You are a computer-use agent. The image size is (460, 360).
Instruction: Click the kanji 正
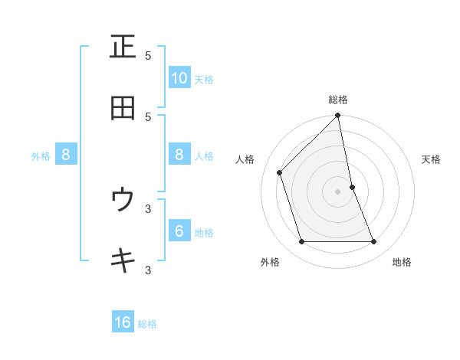tap(123, 47)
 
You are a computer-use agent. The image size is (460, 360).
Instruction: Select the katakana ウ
tap(123, 201)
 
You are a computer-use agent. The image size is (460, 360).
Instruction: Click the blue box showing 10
tap(179, 78)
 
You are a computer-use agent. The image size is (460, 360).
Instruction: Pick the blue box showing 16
tap(123, 322)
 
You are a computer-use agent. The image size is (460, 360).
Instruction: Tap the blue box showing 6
tap(179, 231)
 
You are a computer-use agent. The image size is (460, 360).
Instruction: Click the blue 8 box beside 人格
tap(179, 155)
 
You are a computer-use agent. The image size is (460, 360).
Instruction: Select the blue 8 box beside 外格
tap(66, 155)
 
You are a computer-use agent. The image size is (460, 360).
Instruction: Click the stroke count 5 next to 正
tap(148, 55)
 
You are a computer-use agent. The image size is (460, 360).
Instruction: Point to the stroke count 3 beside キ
tap(148, 270)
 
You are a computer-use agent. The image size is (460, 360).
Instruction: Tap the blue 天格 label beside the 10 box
tap(203, 80)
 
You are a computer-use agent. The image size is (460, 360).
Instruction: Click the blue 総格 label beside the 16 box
tap(147, 324)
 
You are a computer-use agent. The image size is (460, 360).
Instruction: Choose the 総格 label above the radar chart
tap(338, 100)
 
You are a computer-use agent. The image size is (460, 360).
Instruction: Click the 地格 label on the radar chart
tap(402, 262)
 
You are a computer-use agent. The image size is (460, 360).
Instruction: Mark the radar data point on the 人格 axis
tap(280, 172)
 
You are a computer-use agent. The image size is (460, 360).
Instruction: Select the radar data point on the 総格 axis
tap(338, 116)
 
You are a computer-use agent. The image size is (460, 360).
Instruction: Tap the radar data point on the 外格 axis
tap(302, 241)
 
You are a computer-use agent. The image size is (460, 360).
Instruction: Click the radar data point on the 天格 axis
tap(353, 187)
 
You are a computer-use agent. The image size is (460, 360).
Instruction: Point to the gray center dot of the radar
tap(338, 191)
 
